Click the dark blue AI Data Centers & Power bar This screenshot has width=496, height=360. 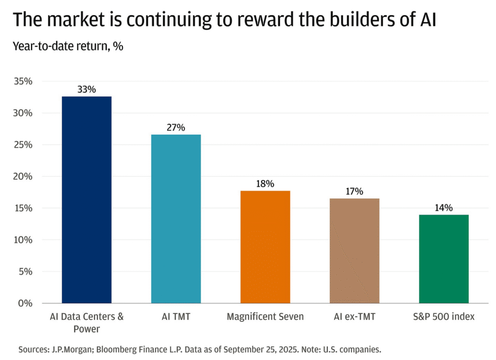(x=87, y=200)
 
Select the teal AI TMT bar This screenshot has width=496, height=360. (x=176, y=219)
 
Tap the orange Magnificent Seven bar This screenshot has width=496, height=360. (x=265, y=247)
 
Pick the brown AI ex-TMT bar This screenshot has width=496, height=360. (x=355, y=250)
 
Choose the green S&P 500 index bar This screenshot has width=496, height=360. (x=444, y=259)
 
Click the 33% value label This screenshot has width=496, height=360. (x=87, y=90)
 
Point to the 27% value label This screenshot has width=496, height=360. (x=176, y=127)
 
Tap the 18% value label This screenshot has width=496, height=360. (x=265, y=184)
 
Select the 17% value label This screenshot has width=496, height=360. (x=355, y=191)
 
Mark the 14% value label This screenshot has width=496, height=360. (x=444, y=208)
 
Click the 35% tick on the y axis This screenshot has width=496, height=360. (x=22, y=81)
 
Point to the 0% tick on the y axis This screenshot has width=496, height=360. (x=25, y=303)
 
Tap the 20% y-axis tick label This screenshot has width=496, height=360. (x=22, y=176)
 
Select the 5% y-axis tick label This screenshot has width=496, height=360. (x=25, y=271)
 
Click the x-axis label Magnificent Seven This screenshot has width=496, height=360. (x=265, y=317)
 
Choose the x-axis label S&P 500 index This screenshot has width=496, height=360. (x=444, y=317)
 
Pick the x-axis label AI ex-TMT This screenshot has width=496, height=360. (x=355, y=317)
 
